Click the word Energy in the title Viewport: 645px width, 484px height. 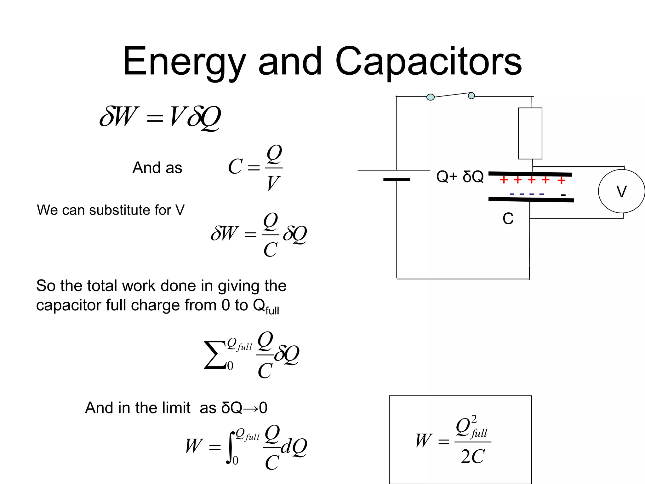[x=184, y=62]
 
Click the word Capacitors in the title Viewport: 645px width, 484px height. [x=428, y=62]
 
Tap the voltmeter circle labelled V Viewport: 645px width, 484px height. [x=621, y=191]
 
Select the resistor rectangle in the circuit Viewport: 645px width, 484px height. [x=530, y=133]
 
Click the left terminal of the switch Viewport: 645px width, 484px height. [x=430, y=97]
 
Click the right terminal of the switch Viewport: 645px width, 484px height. [x=471, y=95]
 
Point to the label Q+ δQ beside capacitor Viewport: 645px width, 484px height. [x=459, y=176]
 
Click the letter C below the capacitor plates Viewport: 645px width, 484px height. [x=508, y=219]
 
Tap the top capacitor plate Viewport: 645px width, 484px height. [x=530, y=174]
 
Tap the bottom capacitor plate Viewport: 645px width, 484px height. [x=531, y=199]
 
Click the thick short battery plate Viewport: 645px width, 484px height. [x=397, y=180]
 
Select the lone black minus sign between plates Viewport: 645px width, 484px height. [x=563, y=195]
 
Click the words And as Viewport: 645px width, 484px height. [x=157, y=168]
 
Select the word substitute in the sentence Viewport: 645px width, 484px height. [x=120, y=210]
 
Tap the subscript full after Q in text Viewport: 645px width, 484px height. [x=272, y=311]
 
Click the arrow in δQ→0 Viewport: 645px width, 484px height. [x=250, y=408]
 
